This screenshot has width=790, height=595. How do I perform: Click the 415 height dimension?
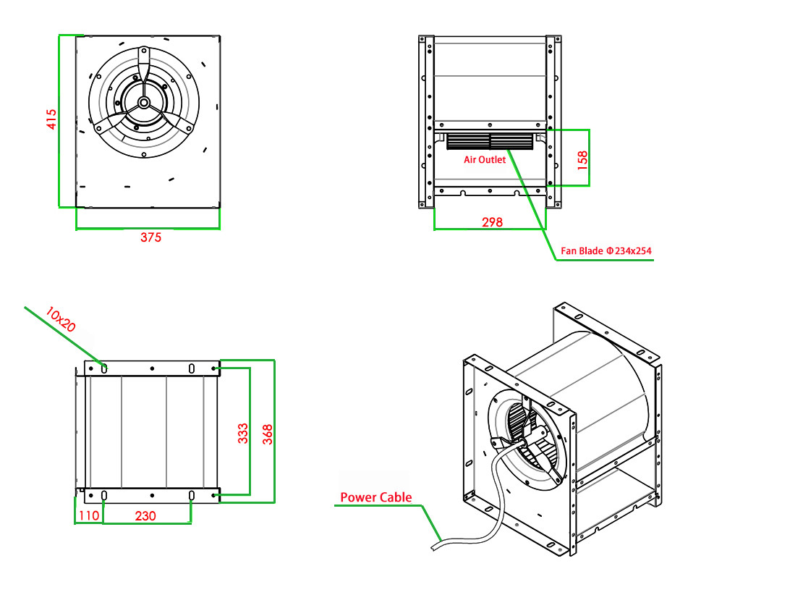click(51, 119)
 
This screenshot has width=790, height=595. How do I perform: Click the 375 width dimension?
click(150, 237)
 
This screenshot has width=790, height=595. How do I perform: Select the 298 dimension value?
click(492, 221)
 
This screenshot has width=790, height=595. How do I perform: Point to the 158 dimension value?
click(582, 159)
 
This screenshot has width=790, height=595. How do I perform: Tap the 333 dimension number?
click(243, 433)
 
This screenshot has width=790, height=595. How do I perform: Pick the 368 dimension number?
click(268, 434)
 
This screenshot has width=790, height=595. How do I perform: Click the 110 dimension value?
click(88, 515)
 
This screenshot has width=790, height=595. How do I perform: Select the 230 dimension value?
click(146, 515)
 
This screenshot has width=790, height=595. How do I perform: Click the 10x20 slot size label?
click(61, 319)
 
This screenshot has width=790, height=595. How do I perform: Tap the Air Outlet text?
click(485, 160)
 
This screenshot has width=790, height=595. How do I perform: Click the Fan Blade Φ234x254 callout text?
click(606, 251)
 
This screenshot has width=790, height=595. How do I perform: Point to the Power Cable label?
click(375, 497)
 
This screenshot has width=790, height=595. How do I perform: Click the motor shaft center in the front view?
click(143, 103)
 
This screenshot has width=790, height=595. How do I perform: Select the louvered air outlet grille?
click(490, 141)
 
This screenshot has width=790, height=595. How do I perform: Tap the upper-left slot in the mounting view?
click(104, 368)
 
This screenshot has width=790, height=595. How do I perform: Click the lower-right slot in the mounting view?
click(192, 495)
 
